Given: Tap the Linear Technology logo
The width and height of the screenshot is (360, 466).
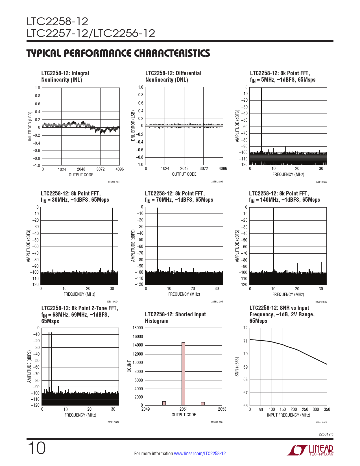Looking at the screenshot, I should pos(310,450).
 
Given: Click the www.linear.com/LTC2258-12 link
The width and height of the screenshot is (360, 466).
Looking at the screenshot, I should pos(200,454).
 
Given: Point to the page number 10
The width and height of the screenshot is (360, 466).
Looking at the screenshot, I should pos(36,448).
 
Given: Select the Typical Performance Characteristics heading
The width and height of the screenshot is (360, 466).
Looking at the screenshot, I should pos(118,53).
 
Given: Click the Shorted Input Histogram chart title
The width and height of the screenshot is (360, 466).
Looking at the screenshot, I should pos(175,318).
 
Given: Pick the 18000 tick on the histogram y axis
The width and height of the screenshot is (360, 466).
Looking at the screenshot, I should pos(138,328).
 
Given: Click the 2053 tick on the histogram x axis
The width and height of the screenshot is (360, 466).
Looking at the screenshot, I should pos(222,409).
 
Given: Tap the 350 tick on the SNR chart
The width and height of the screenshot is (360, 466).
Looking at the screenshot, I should pos(327,409).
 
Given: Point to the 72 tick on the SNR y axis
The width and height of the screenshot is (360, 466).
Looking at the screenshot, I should pos(245,328).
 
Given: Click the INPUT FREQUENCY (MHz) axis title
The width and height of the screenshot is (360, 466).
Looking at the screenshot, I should pos(288,415).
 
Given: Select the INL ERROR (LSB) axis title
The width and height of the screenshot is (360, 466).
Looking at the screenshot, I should pos(30,126).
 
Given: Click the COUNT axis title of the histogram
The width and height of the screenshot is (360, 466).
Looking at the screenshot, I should pos(129,366).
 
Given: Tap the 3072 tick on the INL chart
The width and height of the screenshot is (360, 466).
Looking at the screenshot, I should pos(101,169).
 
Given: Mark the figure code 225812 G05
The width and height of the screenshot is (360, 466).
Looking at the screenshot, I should pos(217,302).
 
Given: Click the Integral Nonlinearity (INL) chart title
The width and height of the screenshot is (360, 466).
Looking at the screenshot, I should pos(65,76).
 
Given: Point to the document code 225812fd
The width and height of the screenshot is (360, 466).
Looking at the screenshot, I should pos(326,434).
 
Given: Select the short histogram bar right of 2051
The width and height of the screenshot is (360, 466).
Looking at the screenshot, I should pos(203,404).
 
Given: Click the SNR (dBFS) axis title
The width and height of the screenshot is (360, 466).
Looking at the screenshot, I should pos(237,367).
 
